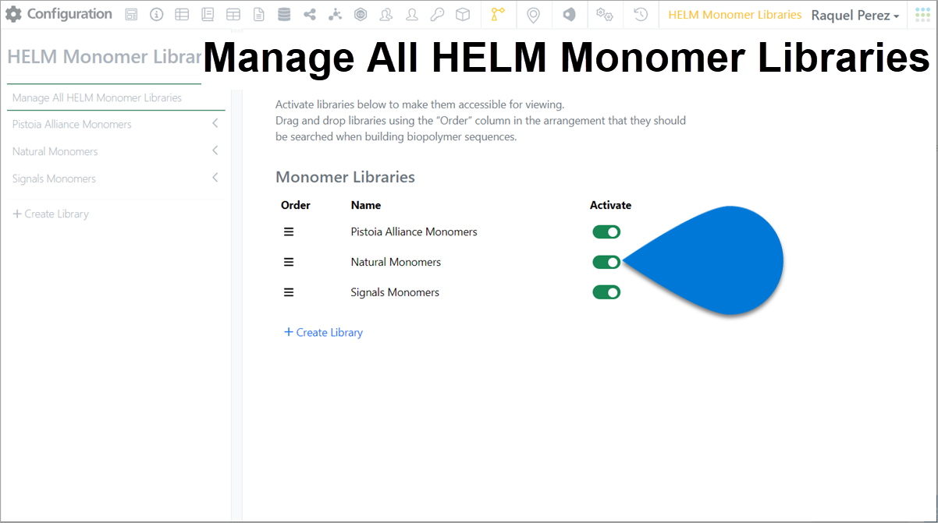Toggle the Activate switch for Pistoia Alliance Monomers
pos(606,231)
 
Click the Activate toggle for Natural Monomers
pos(606,263)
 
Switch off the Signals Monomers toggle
pos(606,292)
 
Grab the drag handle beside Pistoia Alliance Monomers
pos(289,231)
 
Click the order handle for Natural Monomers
pos(289,263)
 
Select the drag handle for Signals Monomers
pos(289,292)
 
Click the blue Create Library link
pos(323,332)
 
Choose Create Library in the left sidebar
pos(51,214)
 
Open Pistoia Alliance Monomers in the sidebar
pos(72,124)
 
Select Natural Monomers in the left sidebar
pos(55,151)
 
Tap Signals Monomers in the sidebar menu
pos(54,178)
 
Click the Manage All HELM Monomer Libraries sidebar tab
pos(97,98)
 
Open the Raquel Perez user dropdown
pos(855,16)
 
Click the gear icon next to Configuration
pos(13,14)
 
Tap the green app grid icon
pos(922,15)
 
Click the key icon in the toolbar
pos(437,15)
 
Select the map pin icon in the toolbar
pos(533,16)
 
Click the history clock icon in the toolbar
pos(641,15)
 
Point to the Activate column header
pos(610,205)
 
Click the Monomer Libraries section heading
pos(345,177)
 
